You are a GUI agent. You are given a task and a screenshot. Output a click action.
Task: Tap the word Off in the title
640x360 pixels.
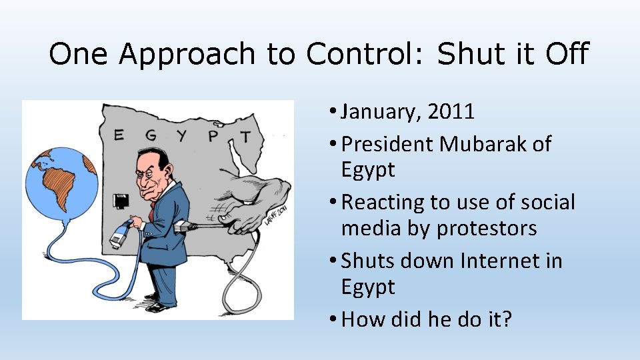[566, 53]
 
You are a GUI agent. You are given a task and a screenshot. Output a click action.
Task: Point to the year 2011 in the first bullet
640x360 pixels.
[451, 111]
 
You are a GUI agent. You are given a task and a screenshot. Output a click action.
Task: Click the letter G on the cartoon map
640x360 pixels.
[151, 135]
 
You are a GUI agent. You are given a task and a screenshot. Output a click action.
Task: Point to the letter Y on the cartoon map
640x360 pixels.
[182, 136]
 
